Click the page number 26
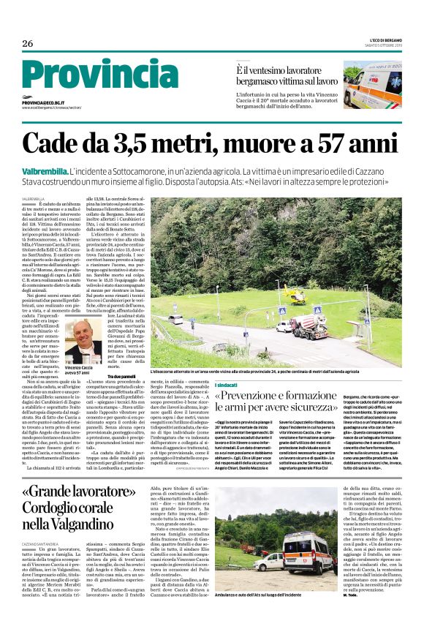[28, 43]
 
